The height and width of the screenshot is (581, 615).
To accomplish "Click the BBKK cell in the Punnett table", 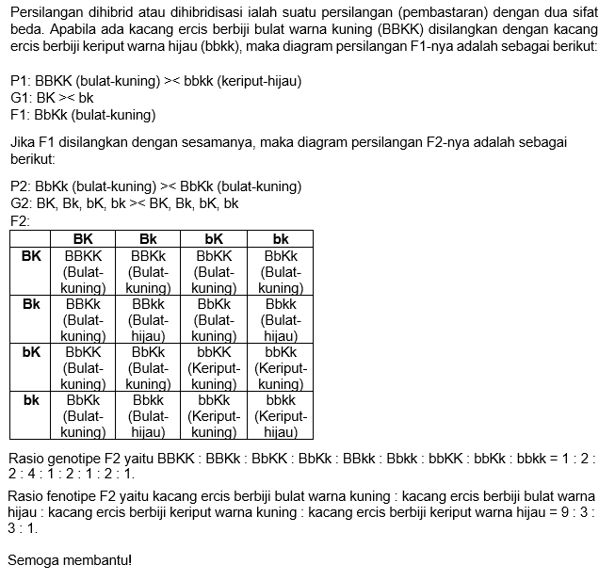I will [x=82, y=271].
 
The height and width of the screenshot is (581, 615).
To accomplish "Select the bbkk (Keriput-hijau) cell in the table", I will [x=281, y=415].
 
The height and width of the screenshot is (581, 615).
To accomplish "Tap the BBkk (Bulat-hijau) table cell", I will [x=148, y=319].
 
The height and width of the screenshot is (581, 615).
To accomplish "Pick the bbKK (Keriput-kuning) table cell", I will [x=214, y=367].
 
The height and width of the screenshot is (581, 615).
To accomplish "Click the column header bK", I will [x=214, y=239].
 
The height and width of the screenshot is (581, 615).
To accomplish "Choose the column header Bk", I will [x=148, y=239].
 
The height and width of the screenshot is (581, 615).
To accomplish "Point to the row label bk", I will [x=31, y=400].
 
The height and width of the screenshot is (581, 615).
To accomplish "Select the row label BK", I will [x=31, y=255].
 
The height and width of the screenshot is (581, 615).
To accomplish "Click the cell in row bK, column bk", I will [x=281, y=367].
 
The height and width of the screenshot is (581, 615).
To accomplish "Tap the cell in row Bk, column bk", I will [x=281, y=319].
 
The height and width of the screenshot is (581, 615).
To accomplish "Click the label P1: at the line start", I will [x=20, y=82].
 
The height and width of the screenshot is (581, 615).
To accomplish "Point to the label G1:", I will [x=21, y=98].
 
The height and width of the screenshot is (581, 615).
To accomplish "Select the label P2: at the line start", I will [x=20, y=186].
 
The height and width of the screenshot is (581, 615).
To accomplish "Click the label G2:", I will [x=21, y=202].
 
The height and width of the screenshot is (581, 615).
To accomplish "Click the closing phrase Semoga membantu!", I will [x=70, y=560].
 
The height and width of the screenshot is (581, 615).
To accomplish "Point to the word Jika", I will [x=22, y=141].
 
